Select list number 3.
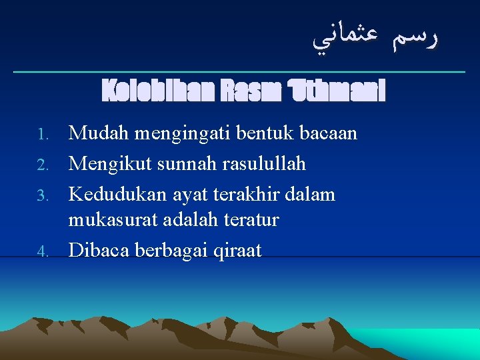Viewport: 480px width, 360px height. click(43, 195)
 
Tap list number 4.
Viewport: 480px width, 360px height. click(43, 252)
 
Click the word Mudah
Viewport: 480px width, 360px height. click(99, 134)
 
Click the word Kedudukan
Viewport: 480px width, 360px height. click(115, 194)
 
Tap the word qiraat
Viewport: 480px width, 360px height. click(238, 251)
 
